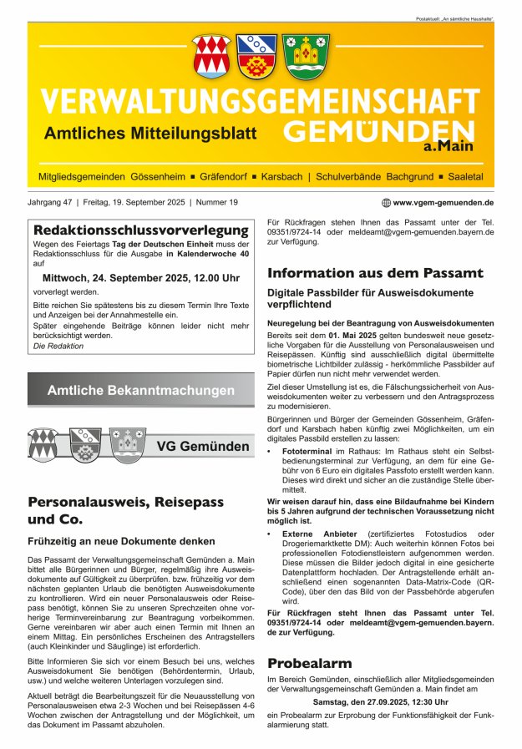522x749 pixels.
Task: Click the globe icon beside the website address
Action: click(386, 202)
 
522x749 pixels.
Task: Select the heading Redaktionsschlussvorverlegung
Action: click(140, 230)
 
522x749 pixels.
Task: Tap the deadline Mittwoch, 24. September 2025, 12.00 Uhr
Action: click(140, 277)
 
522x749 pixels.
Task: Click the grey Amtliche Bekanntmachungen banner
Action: click(140, 390)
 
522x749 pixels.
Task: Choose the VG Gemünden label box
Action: click(204, 447)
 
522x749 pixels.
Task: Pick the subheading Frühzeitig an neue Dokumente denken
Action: click(122, 541)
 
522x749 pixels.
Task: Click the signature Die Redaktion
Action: click(58, 346)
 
